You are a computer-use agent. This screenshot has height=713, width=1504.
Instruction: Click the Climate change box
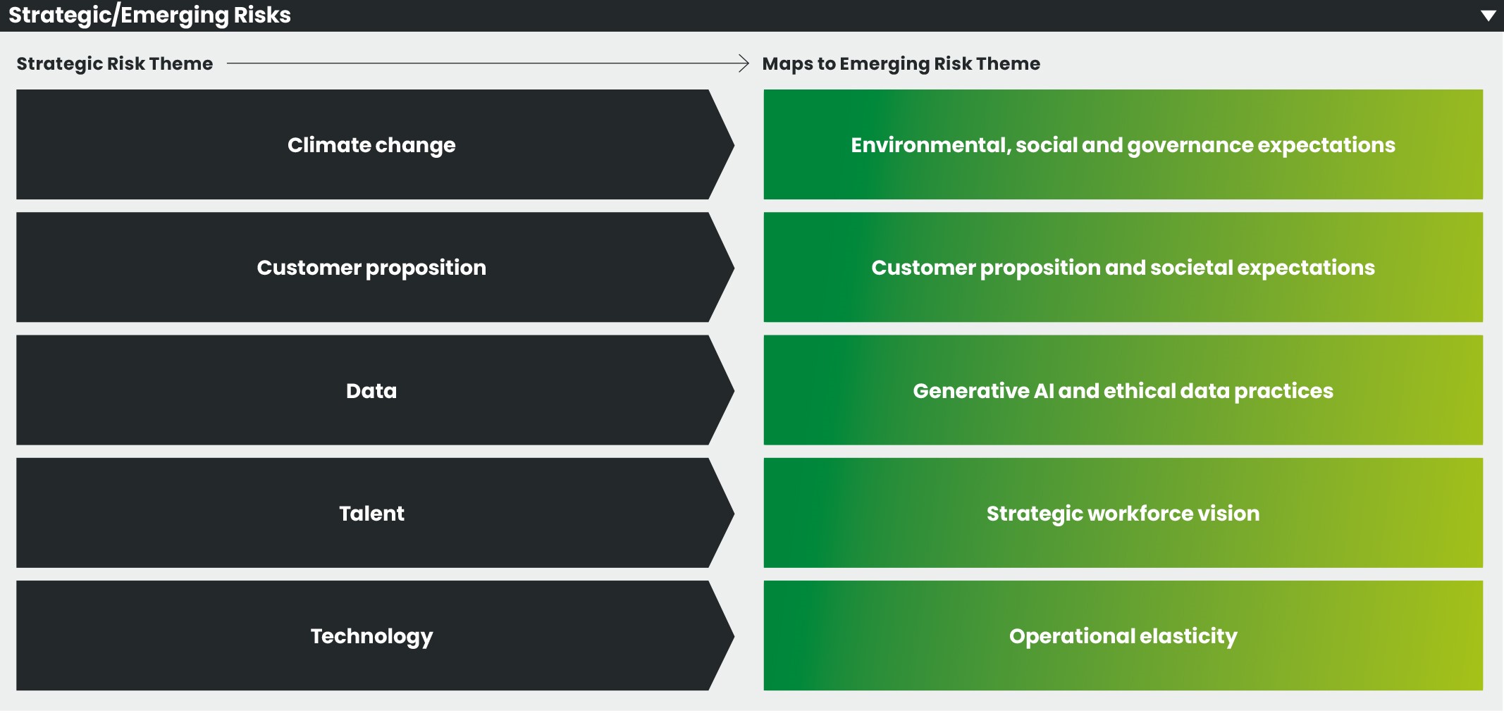pos(371,144)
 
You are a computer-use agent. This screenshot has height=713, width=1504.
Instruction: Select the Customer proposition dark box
pos(371,268)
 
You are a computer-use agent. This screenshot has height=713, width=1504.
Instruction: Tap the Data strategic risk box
pos(371,390)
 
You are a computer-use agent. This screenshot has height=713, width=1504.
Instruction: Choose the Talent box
pos(371,513)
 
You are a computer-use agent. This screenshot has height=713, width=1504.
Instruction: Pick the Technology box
pos(371,635)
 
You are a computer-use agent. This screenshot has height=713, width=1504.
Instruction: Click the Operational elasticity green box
pos(1123,635)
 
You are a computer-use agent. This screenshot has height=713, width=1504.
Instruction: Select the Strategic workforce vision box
pos(1123,513)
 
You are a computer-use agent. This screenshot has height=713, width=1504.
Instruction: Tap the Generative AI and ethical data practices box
pos(1123,390)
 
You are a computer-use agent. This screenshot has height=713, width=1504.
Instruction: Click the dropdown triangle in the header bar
pos(1488,15)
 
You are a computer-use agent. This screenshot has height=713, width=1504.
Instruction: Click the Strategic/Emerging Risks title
pos(149,15)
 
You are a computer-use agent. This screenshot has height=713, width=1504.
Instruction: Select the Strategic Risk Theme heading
pos(115,63)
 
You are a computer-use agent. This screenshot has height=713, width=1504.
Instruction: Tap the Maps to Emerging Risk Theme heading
pos(901,63)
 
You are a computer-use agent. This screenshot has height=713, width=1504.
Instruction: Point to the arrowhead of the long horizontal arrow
pos(744,63)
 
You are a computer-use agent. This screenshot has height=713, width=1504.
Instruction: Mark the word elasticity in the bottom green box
pos(1188,635)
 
